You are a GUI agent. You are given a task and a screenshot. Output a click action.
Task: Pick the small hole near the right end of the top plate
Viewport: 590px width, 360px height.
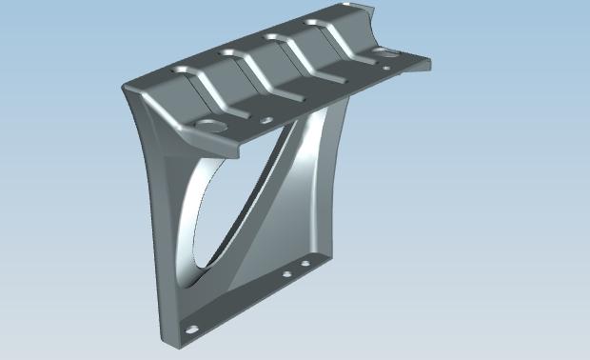384,68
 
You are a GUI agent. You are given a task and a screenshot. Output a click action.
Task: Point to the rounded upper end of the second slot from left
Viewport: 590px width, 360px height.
228,54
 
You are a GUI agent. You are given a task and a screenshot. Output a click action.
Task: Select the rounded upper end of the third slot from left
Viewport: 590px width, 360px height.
274,37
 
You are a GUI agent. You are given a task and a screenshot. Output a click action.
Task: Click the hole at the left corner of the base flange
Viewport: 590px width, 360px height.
193,329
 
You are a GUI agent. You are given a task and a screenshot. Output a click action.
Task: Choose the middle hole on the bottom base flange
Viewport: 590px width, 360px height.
286,275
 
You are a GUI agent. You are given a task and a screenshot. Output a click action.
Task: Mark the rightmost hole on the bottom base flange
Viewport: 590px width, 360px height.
305,262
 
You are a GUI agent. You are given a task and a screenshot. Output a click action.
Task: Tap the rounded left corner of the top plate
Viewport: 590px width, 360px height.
128,89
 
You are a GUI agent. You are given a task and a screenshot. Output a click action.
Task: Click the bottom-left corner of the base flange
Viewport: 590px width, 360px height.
164,337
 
